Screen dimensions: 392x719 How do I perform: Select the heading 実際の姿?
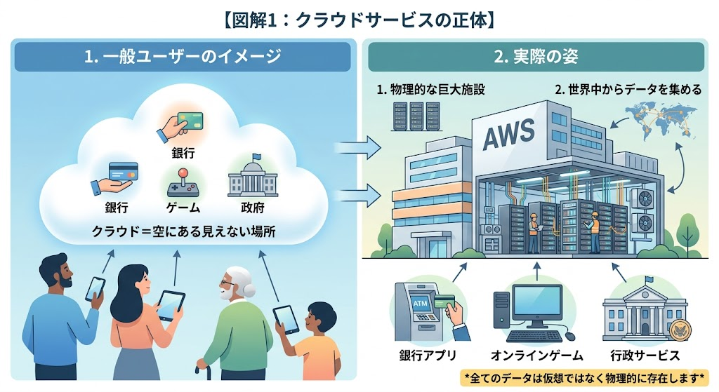coord(536,57)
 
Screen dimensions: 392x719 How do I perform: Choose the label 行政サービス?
coord(644,355)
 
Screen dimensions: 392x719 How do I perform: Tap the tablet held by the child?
coord(286,319)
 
